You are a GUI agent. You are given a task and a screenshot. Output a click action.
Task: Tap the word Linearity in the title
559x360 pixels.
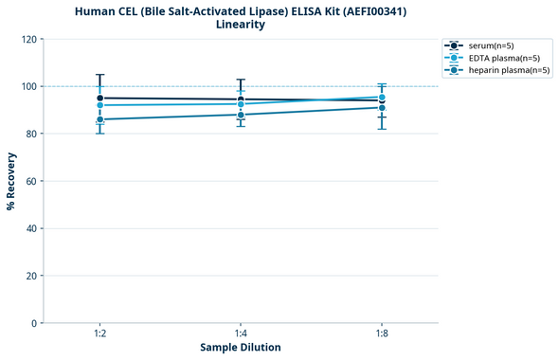pos(241,25)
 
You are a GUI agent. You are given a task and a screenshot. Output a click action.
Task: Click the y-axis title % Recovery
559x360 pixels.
pos(11,181)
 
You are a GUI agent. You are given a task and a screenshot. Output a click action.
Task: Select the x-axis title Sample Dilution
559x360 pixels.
pos(241,348)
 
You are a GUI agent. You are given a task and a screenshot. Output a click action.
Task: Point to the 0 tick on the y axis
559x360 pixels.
pos(34,323)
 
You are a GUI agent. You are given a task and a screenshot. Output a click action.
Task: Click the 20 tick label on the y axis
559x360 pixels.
pos(31,276)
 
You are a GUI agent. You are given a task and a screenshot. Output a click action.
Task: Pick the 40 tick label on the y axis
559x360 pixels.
pos(31,228)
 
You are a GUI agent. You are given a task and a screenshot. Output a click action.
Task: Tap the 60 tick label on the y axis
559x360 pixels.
pos(31,181)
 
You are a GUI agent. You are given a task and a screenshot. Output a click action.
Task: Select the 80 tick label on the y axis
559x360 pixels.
pos(31,134)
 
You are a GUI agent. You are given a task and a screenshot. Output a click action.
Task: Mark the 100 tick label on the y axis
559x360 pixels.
pos(28,86)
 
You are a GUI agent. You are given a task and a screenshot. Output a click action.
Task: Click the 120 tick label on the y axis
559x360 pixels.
pos(28,39)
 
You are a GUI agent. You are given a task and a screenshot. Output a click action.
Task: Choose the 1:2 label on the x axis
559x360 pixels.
pos(99,334)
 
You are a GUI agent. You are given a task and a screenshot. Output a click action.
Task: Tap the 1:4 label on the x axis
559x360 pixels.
pos(241,334)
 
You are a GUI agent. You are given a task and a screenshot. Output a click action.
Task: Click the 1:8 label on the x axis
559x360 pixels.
pos(382,334)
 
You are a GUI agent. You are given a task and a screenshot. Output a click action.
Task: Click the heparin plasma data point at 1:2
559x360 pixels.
pos(99,119)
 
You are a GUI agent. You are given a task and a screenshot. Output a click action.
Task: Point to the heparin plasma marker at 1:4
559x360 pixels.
pos(241,115)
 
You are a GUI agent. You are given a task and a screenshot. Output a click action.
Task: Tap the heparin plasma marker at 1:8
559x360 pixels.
pos(382,108)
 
